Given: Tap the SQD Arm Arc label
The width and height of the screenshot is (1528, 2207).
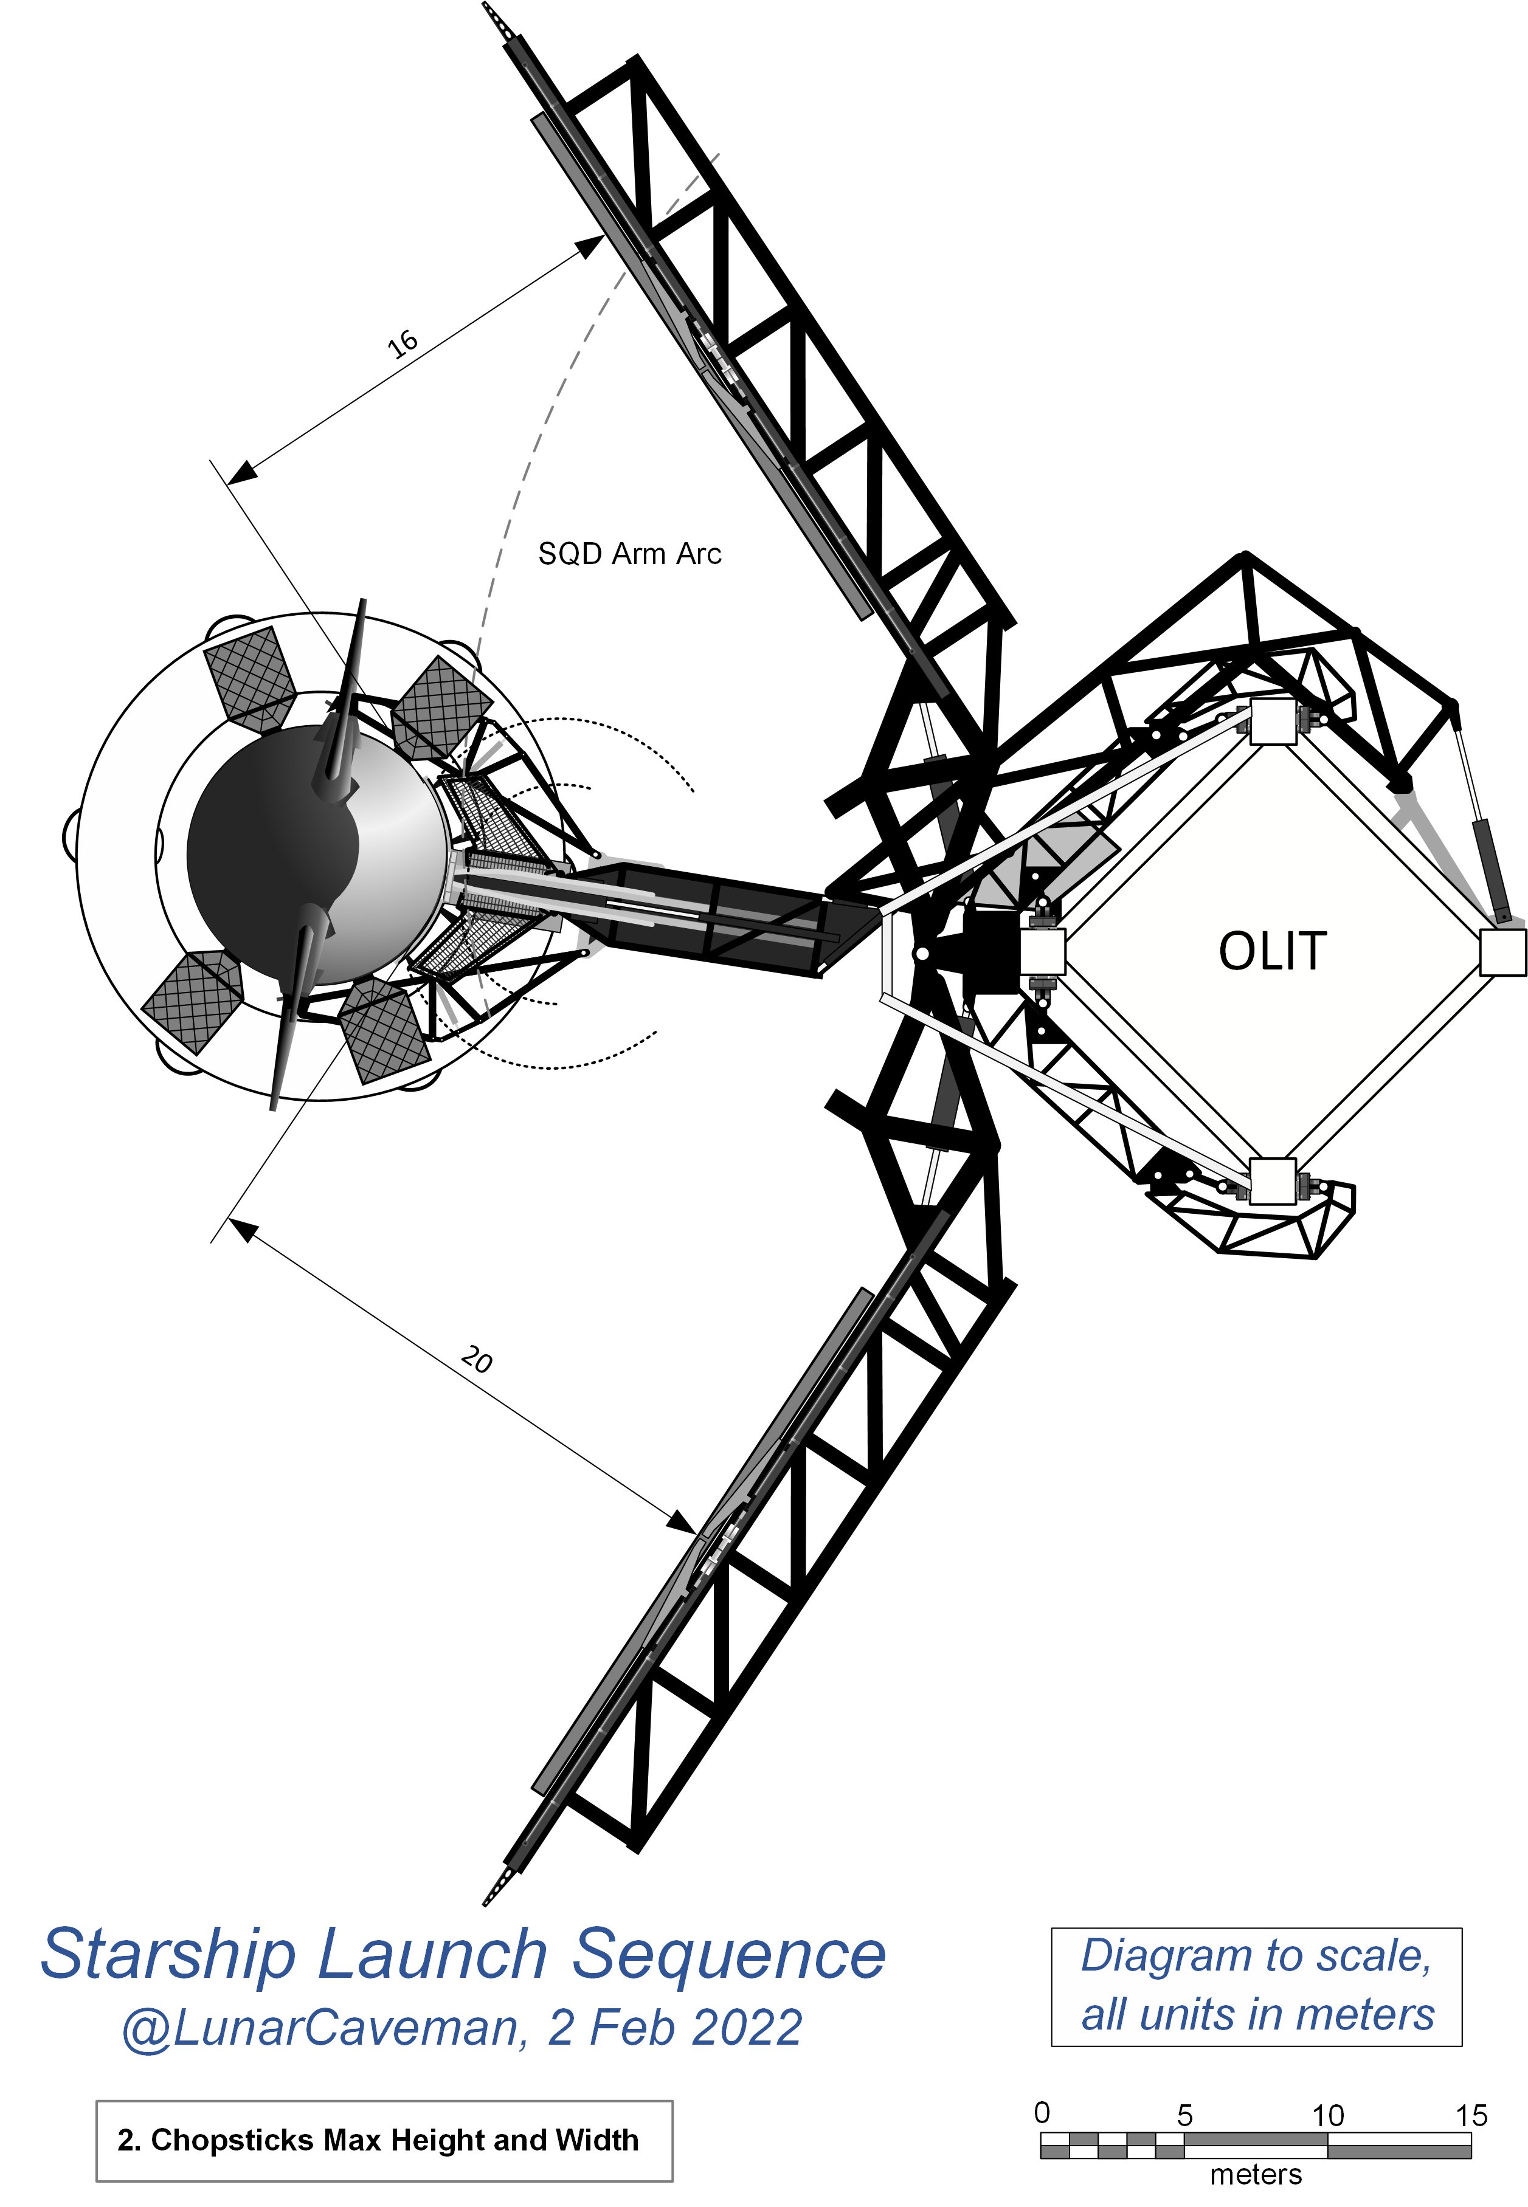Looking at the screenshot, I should pos(629,554).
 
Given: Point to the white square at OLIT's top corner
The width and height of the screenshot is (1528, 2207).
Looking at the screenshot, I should pos(1273,721).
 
